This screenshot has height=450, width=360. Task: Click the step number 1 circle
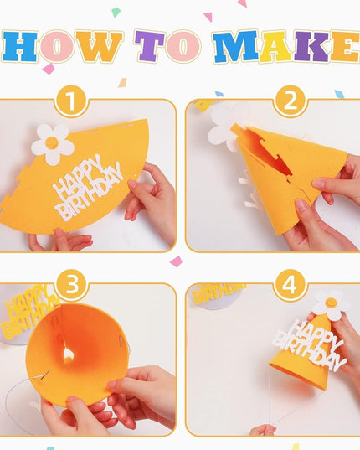click(72, 101)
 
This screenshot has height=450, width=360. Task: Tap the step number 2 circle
click(290, 101)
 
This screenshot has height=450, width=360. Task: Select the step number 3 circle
click(72, 285)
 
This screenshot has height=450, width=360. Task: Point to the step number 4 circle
click(290, 285)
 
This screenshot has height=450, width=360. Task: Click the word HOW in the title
click(64, 47)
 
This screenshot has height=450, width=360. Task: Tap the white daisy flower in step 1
click(52, 143)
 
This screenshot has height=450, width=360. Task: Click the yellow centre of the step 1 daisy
click(52, 144)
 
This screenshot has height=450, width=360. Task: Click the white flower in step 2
click(224, 125)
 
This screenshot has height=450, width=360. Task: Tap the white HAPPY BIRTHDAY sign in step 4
click(311, 344)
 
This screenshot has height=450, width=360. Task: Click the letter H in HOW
click(20, 47)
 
